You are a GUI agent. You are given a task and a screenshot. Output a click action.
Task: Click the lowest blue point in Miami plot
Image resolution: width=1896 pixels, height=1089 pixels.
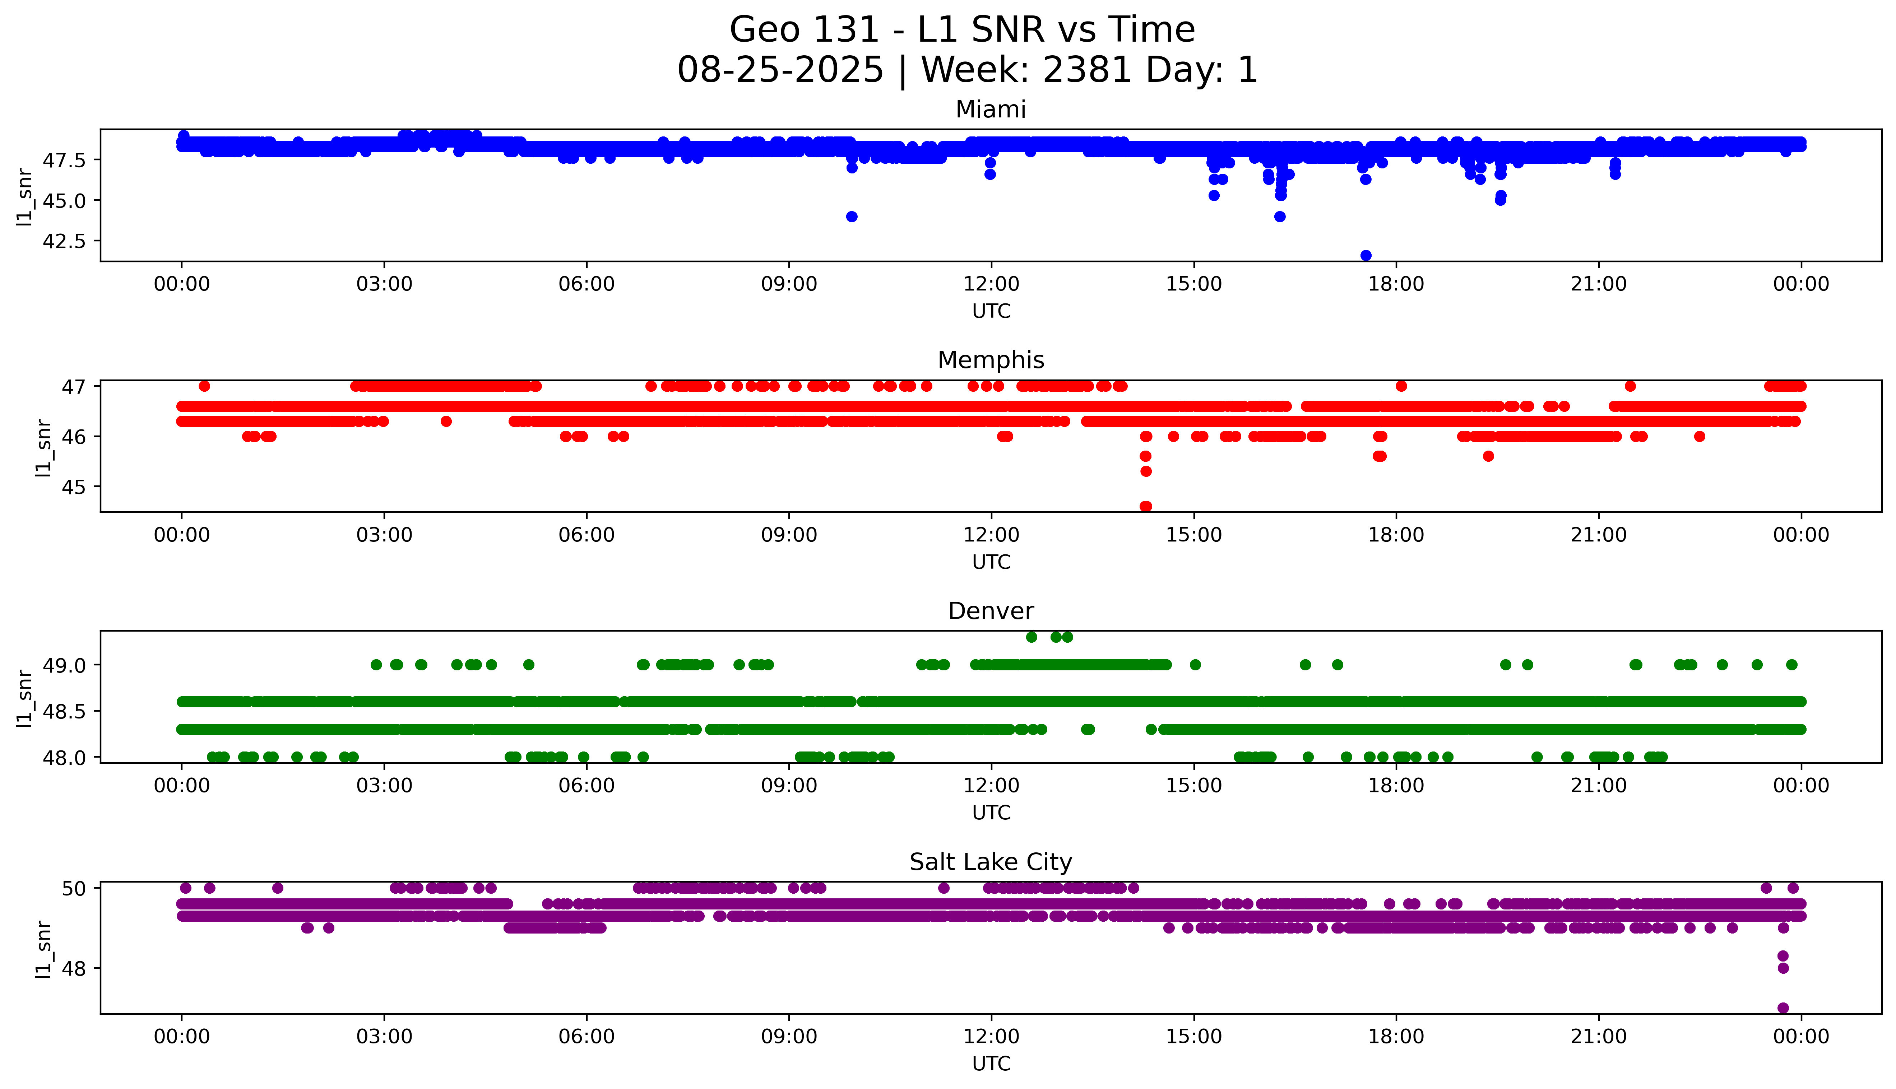pos(1366,256)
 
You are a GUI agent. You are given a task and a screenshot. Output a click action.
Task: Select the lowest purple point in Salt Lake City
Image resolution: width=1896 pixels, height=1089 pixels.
pos(1783,1007)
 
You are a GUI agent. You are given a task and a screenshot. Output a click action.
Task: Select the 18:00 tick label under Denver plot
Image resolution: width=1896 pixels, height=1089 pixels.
pos(1396,786)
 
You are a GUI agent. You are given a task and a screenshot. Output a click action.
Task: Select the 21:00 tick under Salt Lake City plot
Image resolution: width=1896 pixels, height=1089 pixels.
pos(1599,1037)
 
